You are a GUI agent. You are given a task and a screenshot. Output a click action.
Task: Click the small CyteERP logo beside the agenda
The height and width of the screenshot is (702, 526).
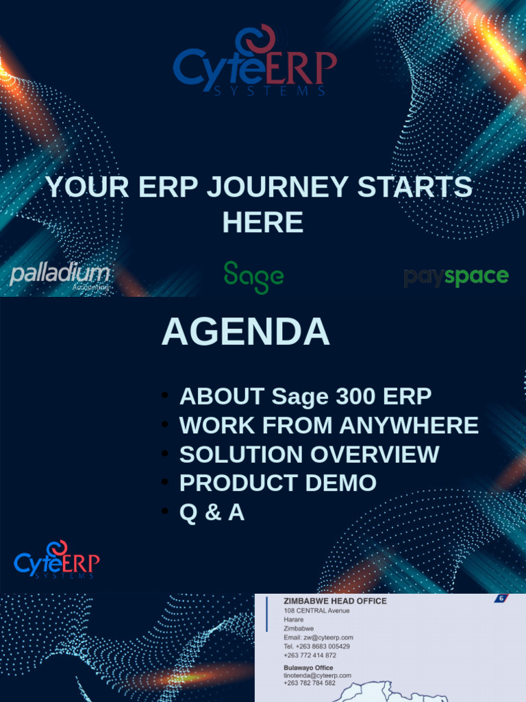coord(57,561)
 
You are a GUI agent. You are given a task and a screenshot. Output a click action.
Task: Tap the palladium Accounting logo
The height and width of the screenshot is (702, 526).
coord(60,276)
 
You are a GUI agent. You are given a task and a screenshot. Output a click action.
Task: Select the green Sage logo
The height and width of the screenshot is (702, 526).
coord(253,276)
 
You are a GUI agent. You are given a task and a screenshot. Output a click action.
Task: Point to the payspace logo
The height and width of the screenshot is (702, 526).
coord(455,277)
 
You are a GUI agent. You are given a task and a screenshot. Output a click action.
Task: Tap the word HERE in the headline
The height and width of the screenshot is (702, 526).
coord(262,222)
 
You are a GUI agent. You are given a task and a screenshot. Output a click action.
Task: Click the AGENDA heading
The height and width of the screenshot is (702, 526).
coord(245,332)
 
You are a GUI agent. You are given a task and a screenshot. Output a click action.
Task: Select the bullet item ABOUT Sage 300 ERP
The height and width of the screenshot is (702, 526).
coord(305,396)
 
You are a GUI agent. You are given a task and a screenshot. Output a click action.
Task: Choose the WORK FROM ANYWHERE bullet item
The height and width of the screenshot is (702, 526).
coord(329,426)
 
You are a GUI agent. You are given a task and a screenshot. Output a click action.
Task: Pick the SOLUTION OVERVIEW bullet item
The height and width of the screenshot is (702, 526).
coord(309,455)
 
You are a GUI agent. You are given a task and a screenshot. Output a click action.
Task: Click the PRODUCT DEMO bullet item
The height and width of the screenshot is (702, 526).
coord(277,483)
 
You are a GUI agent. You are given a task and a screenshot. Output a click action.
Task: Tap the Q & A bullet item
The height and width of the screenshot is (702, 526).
coord(212,512)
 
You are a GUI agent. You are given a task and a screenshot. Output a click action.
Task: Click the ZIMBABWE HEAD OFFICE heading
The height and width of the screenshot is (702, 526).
coord(335,601)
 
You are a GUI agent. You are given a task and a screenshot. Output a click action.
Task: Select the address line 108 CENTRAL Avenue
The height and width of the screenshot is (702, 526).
coord(316,611)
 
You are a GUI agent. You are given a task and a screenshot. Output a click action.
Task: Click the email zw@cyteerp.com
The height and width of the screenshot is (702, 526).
coord(318,638)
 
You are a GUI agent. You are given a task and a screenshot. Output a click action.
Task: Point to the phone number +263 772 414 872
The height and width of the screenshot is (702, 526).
coord(310,655)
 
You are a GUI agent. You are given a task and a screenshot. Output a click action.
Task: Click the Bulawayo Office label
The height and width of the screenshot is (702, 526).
coord(308,668)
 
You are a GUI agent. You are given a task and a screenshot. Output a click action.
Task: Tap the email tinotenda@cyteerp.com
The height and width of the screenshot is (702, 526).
coord(317,675)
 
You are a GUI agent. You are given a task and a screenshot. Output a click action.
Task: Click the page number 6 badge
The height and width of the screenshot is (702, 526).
coord(502,598)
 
